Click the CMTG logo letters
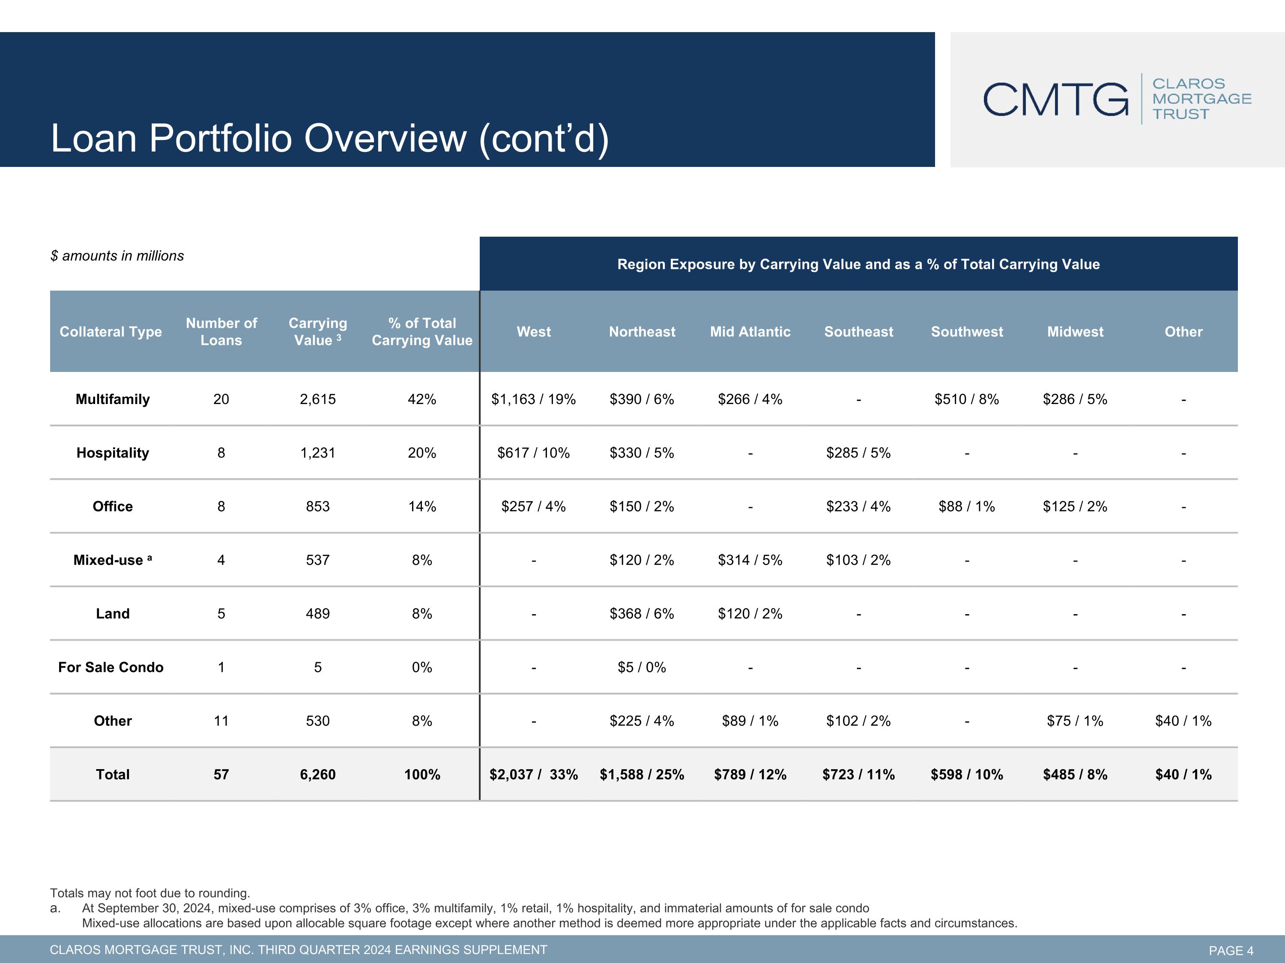coord(1055,99)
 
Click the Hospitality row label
coord(113,453)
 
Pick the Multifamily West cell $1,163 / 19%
coord(533,399)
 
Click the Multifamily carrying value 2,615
coord(318,399)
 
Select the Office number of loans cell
coord(221,506)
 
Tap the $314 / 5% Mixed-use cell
coord(750,560)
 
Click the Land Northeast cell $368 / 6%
coord(642,614)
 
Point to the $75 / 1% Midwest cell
coord(1075,721)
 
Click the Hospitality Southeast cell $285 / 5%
coord(859,453)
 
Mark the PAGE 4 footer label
coord(1231,950)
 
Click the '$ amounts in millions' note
coord(117,256)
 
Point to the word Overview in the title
coord(386,138)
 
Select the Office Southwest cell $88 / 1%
coord(967,506)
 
